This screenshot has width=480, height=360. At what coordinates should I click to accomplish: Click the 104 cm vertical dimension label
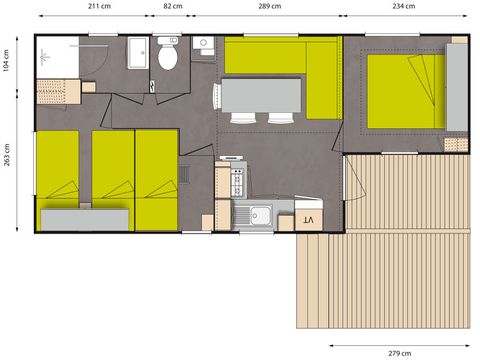click(x=7, y=61)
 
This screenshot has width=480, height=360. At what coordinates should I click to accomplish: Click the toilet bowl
click(x=167, y=57)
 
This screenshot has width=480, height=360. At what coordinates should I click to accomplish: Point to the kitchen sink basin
click(x=261, y=214)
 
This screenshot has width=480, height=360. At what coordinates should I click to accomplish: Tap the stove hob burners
click(x=238, y=180)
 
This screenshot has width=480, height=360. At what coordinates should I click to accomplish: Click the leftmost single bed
click(x=58, y=180)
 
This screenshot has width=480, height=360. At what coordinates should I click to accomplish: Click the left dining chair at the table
click(x=246, y=117)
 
